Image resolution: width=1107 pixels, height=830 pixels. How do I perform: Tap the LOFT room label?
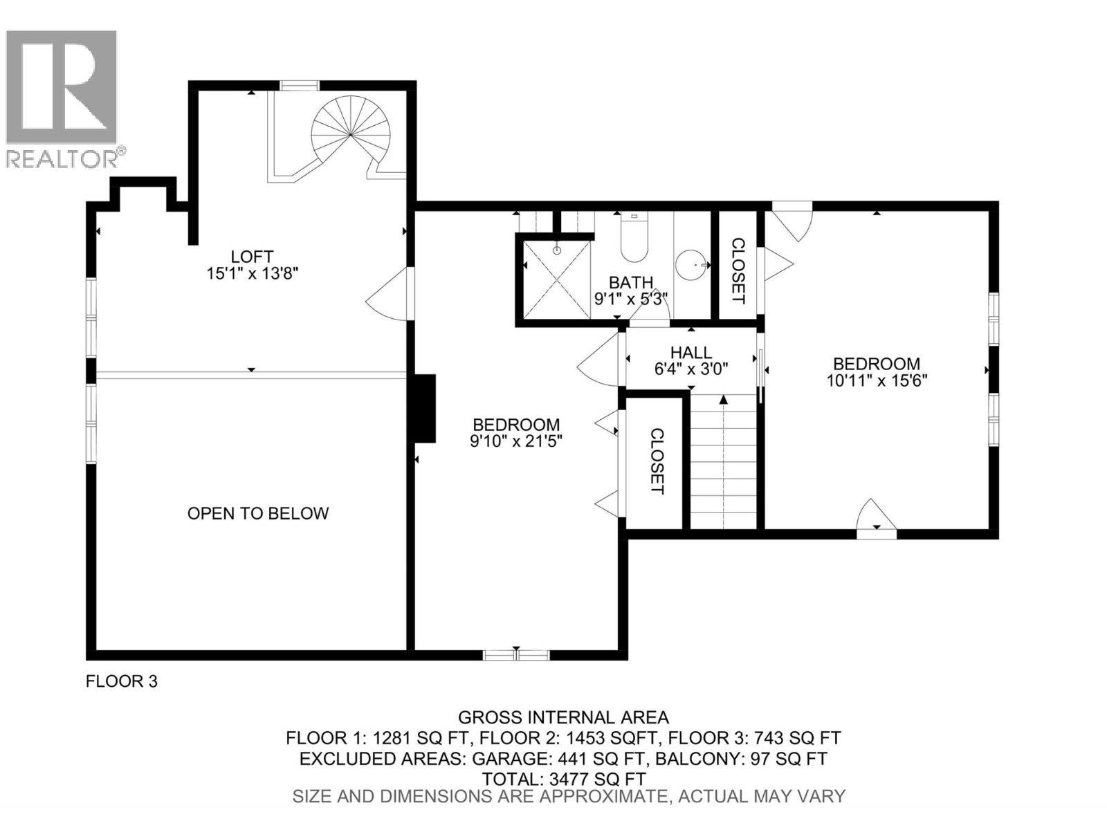tap(252, 257)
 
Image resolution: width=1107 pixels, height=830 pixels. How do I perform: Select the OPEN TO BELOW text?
tap(258, 513)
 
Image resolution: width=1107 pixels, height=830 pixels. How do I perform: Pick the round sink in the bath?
tap(692, 265)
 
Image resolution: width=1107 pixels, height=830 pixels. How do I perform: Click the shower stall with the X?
tap(556, 279)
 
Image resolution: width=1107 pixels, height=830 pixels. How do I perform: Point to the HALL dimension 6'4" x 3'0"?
tap(690, 369)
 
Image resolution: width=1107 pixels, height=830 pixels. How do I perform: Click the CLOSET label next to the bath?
tap(738, 270)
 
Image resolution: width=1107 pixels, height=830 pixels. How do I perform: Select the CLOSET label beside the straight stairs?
tap(657, 461)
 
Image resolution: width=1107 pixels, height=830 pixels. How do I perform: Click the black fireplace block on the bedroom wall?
tap(424, 408)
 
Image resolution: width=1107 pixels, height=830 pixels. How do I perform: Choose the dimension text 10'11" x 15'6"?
tap(876, 380)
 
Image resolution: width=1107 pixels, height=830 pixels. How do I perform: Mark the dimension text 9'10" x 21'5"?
tap(516, 441)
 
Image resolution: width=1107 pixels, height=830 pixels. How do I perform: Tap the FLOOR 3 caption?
tap(122, 681)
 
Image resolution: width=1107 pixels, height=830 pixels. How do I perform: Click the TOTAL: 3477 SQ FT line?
tap(564, 779)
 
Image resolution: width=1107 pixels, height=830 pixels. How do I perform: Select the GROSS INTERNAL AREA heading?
tap(563, 717)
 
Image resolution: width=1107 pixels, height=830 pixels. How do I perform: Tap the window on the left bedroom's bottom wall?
tap(515, 654)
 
